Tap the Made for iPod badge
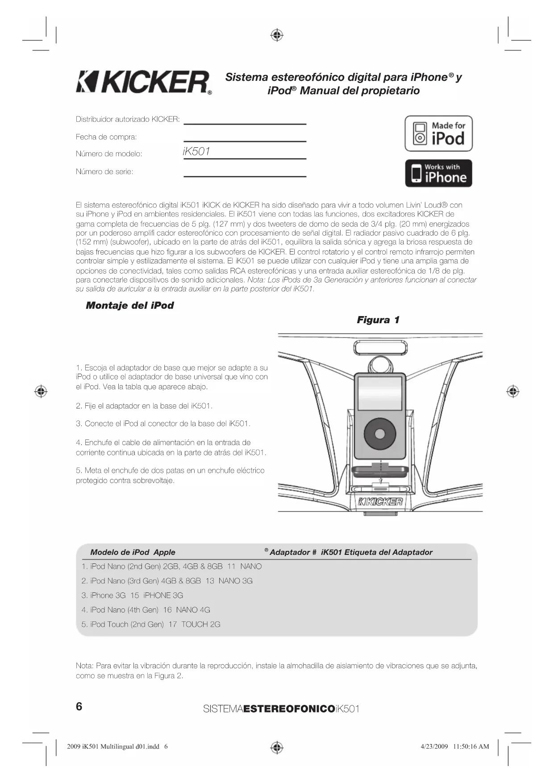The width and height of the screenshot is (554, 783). click(x=438, y=133)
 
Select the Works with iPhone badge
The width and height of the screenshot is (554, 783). click(x=438, y=173)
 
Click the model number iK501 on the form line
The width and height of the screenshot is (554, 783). click(x=196, y=152)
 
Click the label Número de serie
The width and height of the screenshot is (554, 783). click(x=104, y=172)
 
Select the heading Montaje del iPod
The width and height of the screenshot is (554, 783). click(x=129, y=306)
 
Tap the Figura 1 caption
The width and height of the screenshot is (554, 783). click(x=378, y=320)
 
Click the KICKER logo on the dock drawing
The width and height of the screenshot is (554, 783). click(x=381, y=502)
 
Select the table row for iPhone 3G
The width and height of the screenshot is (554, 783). click(x=132, y=596)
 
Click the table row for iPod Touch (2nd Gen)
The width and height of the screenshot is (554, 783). click(x=151, y=625)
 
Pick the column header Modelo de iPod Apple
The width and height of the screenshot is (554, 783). click(x=133, y=552)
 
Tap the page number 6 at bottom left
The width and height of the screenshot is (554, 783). click(x=79, y=707)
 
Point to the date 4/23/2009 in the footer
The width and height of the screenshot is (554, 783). click(x=434, y=746)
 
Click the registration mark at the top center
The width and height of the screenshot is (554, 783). click(x=277, y=35)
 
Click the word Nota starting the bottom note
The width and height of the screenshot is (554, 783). click(x=84, y=666)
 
